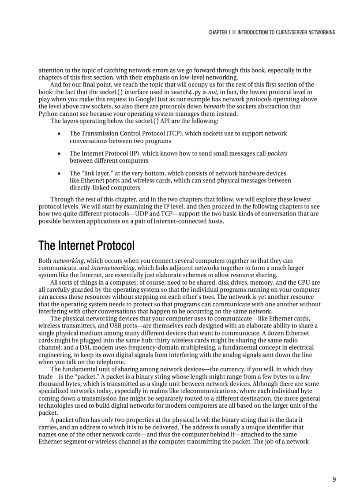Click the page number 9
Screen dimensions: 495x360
pos(334,480)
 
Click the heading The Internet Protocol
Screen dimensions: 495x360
pos(86,246)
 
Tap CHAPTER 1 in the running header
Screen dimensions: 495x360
pos(219,32)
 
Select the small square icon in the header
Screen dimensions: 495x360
pos(234,32)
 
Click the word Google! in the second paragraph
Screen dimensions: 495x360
pos(144,99)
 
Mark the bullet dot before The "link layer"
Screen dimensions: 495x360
pos(59,174)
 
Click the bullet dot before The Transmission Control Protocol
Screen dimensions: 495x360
pos(59,133)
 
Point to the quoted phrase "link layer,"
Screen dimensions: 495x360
pos(98,173)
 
